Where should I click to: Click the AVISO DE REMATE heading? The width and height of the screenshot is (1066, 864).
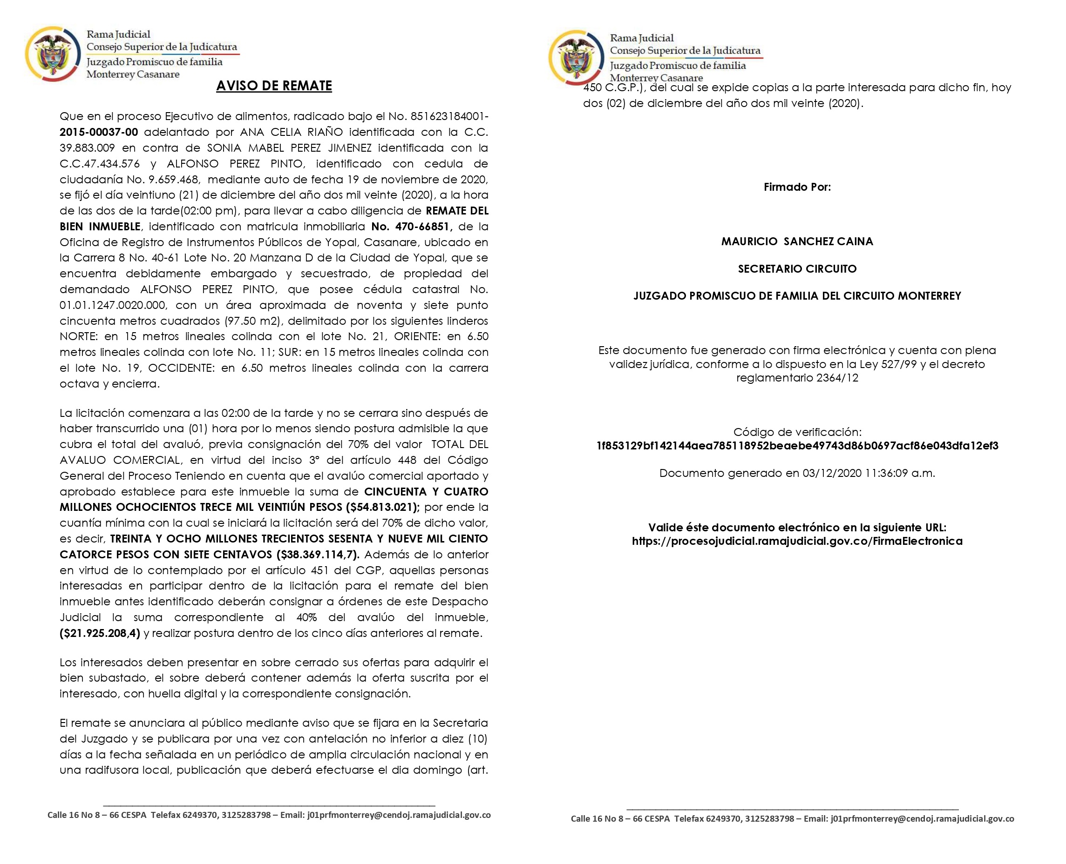(274, 86)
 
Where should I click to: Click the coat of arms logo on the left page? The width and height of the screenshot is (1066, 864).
(52, 54)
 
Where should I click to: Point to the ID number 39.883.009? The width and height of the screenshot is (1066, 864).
(87, 148)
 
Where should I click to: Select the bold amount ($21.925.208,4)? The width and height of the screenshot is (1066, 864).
(100, 634)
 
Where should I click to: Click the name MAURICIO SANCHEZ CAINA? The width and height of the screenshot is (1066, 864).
(797, 242)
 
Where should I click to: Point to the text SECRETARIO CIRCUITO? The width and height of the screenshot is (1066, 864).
(797, 269)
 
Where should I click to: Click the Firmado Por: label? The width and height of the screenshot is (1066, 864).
(797, 187)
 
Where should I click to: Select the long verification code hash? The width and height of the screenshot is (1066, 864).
(797, 446)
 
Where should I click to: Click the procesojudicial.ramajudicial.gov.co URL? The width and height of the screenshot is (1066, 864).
(797, 542)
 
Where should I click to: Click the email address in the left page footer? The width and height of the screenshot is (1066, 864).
(399, 815)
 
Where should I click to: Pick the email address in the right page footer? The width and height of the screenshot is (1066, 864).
(922, 819)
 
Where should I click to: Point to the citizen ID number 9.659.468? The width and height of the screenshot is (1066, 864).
(174, 180)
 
